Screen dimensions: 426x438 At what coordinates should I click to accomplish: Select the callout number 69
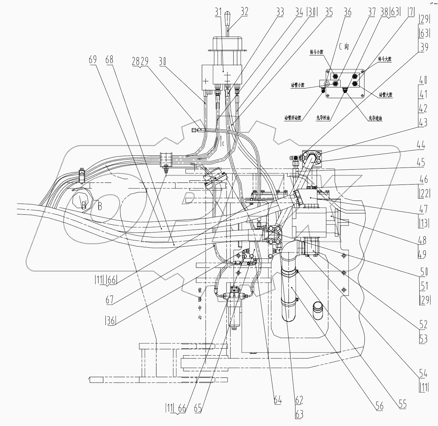(92, 59)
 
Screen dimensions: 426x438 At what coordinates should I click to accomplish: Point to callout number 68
(109, 59)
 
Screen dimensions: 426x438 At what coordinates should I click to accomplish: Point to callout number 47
(423, 209)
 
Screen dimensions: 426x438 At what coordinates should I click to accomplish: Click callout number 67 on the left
(110, 299)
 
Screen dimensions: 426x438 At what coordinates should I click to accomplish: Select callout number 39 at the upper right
(424, 47)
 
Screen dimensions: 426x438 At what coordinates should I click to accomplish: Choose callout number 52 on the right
(423, 324)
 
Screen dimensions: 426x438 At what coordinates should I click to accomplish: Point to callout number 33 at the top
(279, 12)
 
